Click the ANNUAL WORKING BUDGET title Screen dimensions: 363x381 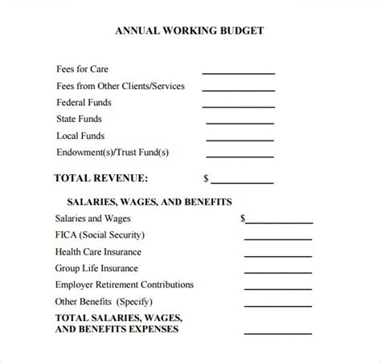click(190, 32)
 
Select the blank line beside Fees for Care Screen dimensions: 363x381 click(238, 73)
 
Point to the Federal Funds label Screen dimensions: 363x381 click(84, 103)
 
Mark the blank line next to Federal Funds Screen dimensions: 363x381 click(239, 106)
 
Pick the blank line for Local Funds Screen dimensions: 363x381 click(240, 139)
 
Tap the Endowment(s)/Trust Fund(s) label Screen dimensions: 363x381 click(113, 152)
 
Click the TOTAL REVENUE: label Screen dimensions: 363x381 click(100, 178)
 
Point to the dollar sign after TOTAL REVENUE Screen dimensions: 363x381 click(207, 178)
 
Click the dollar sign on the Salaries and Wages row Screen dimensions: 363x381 click(243, 218)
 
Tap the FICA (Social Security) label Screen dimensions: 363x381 click(100, 235)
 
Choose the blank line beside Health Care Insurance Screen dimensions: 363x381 click(278, 255)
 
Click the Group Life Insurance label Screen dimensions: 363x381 click(96, 268)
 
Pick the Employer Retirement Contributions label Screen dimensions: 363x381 click(125, 284)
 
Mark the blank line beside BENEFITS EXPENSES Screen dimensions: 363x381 click(278, 332)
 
